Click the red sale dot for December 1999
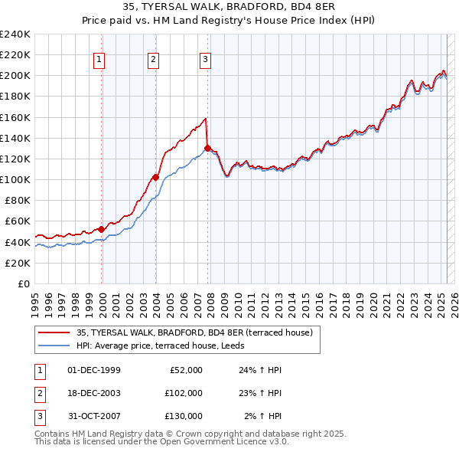(102, 229)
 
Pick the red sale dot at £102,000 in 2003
(155, 177)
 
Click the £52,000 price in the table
(184, 370)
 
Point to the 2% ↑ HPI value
(264, 416)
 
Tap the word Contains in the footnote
(54, 434)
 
